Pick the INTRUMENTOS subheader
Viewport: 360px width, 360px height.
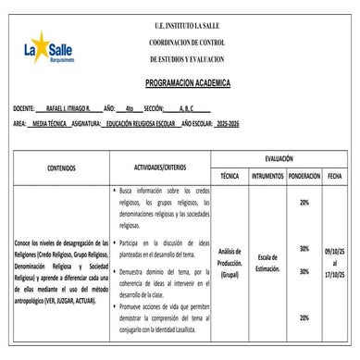coord(268,175)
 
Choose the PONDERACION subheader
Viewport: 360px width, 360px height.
coord(304,175)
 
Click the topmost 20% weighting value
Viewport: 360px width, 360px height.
coord(304,202)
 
